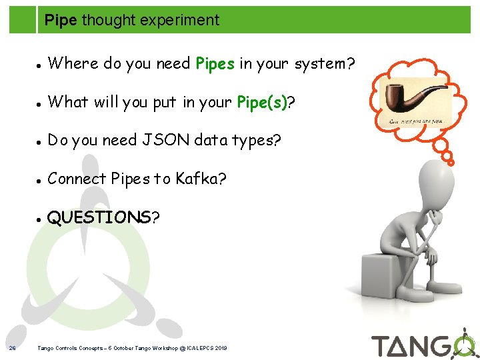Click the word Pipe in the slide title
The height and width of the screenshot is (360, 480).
pos(61,20)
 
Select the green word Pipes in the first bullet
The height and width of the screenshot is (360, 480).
pos(215,63)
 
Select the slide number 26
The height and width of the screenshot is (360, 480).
pos(13,347)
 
